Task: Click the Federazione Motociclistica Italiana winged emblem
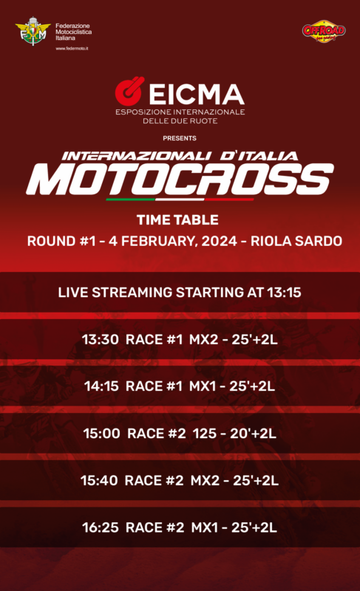[x=33, y=31]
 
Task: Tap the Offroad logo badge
[x=324, y=31]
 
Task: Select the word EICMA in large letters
[x=197, y=95]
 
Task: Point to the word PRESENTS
[x=180, y=138]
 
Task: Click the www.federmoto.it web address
[x=72, y=49]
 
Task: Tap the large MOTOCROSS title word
[x=180, y=179]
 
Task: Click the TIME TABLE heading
[x=177, y=219]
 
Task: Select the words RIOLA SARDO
[x=296, y=242]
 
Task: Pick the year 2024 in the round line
[x=219, y=242]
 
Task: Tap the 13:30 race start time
[x=101, y=340]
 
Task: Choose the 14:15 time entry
[x=101, y=386]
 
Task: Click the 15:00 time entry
[x=101, y=434]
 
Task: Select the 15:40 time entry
[x=99, y=481]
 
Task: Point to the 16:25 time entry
[x=101, y=527]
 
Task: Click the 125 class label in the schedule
[x=205, y=434]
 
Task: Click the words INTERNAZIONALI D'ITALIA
[x=180, y=156]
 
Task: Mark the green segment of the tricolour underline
[x=130, y=199]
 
